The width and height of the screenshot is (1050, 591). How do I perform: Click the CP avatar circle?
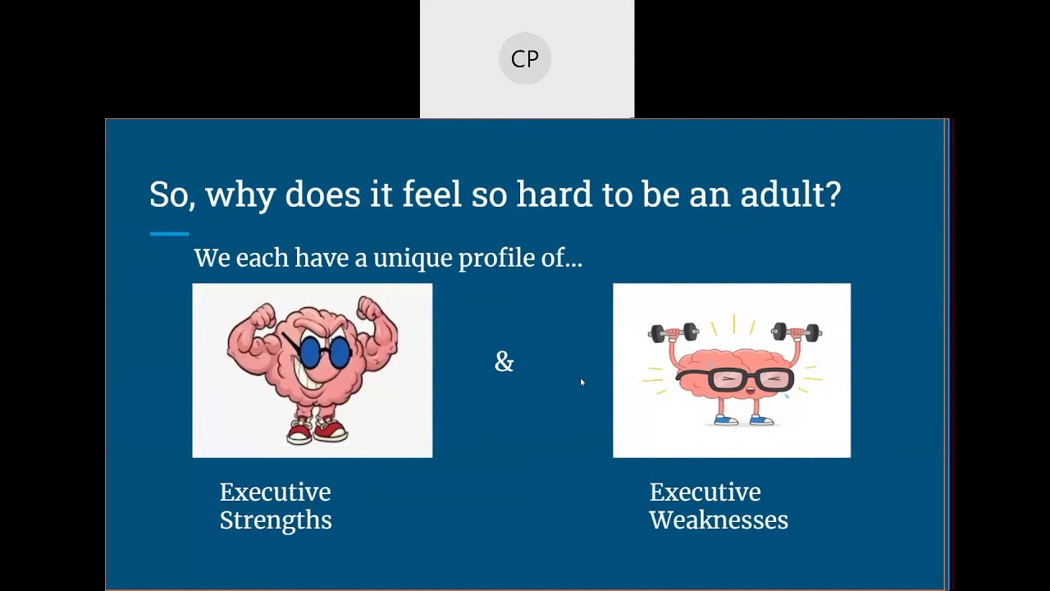[525, 58]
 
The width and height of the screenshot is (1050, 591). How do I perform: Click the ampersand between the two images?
[504, 361]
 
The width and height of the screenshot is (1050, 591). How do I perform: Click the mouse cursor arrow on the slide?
[582, 382]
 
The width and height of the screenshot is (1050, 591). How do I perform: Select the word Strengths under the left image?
[276, 520]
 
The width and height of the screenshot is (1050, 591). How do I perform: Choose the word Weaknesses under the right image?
[719, 520]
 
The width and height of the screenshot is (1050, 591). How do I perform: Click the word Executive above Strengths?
[275, 492]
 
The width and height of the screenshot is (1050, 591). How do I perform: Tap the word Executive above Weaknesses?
[705, 492]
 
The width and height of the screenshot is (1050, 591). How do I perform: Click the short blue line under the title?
[169, 234]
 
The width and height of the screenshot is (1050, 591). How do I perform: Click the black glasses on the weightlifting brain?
[734, 378]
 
